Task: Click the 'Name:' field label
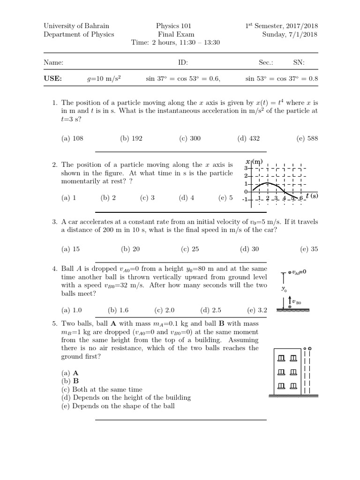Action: pos(53,62)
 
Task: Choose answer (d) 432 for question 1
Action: pos(248,138)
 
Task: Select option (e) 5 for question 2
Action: pos(225,198)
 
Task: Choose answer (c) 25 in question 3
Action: pos(190,249)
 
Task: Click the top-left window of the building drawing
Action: pos(281,359)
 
